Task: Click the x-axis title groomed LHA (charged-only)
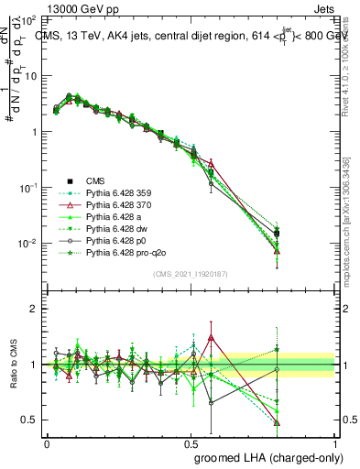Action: click(x=262, y=456)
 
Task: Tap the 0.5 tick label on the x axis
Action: click(x=191, y=442)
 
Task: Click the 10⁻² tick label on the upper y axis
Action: click(x=28, y=244)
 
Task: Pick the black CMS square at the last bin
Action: click(x=277, y=233)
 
